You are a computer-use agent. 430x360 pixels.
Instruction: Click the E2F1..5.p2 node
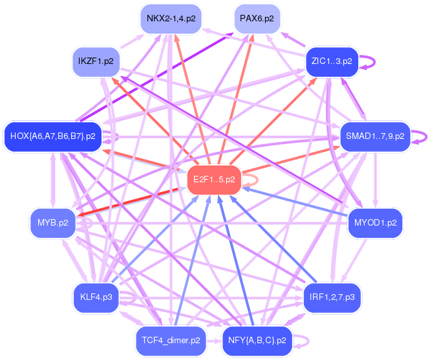pos(213,179)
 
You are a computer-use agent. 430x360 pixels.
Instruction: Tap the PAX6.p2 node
pos(256,19)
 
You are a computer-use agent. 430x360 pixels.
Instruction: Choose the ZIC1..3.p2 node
pos(331,61)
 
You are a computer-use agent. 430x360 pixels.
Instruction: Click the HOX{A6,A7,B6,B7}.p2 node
pos(53,136)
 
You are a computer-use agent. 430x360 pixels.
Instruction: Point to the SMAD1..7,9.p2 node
pos(375,136)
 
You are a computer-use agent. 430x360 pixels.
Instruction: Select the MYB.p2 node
pos(53,223)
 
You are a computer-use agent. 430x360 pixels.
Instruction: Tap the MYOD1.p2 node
pos(375,223)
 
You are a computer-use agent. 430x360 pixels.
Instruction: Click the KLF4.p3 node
pos(96,297)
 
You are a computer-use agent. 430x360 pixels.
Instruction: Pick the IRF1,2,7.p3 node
pos(332,297)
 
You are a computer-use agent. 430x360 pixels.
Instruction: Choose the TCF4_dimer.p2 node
pos(171,339)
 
